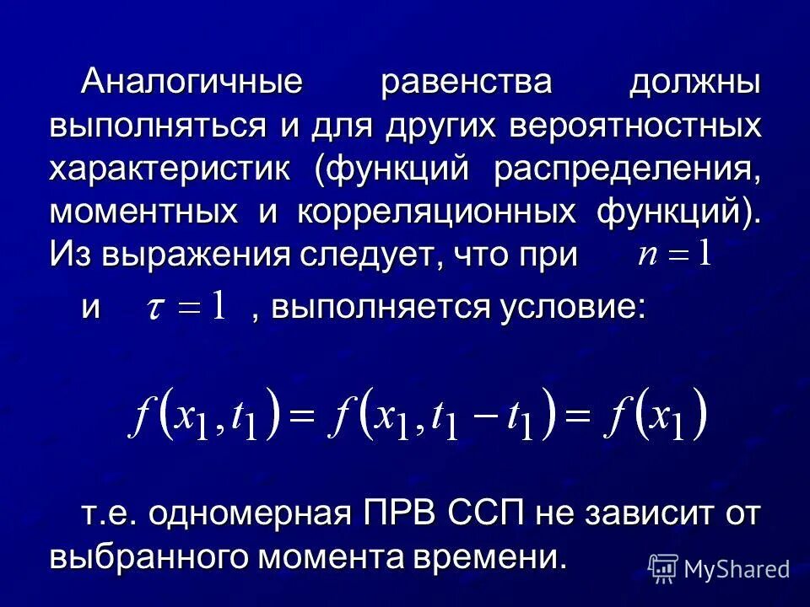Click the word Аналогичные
tap(192, 85)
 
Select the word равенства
tap(467, 85)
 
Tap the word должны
tap(694, 85)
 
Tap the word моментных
tap(143, 210)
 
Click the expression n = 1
tap(675, 253)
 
